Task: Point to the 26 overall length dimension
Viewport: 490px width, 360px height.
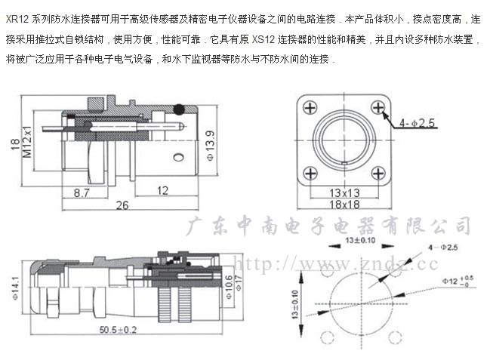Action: click(122, 205)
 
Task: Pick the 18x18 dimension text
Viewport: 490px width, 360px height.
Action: click(344, 205)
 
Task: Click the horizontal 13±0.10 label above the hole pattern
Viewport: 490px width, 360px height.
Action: click(361, 240)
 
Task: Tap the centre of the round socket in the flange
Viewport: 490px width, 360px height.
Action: click(344, 140)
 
